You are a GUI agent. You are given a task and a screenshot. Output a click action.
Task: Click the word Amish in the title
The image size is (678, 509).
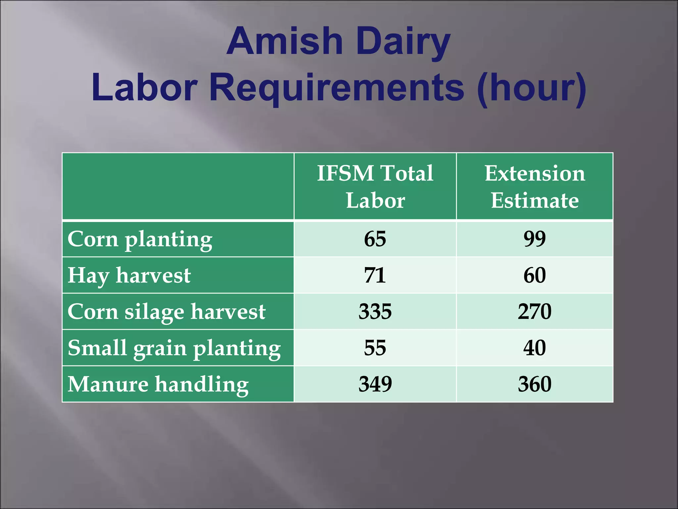(x=284, y=41)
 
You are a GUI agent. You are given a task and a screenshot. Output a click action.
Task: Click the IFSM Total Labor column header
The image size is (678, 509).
(x=375, y=187)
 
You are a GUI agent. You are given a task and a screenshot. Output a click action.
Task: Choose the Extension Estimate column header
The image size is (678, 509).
(x=535, y=187)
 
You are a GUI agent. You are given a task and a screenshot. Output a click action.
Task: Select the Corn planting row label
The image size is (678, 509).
(x=140, y=239)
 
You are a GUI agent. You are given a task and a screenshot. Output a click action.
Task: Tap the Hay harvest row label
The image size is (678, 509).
(x=129, y=275)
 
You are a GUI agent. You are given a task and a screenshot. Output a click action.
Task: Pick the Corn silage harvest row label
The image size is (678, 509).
(x=166, y=312)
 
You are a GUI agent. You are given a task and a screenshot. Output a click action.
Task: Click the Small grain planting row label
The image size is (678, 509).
(x=174, y=348)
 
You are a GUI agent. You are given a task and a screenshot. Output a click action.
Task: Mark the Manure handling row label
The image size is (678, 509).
(x=158, y=384)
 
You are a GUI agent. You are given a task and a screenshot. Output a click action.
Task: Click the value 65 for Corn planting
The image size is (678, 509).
(x=375, y=239)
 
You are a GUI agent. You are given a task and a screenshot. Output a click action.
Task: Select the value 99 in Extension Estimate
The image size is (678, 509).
(x=535, y=239)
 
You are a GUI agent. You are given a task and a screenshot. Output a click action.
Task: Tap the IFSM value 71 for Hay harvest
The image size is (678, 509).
(x=375, y=275)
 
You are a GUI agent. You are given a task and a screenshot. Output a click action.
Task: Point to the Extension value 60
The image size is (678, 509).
(x=535, y=275)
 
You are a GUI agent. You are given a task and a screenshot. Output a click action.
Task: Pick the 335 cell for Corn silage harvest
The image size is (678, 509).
(x=375, y=311)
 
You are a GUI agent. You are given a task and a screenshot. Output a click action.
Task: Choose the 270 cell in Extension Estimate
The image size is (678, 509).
(x=535, y=311)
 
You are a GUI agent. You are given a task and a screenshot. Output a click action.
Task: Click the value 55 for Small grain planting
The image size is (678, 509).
(x=375, y=348)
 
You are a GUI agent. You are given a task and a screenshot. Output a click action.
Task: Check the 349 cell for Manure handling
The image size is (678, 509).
(x=375, y=384)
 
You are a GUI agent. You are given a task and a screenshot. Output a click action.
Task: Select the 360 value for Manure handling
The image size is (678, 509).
(x=535, y=384)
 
